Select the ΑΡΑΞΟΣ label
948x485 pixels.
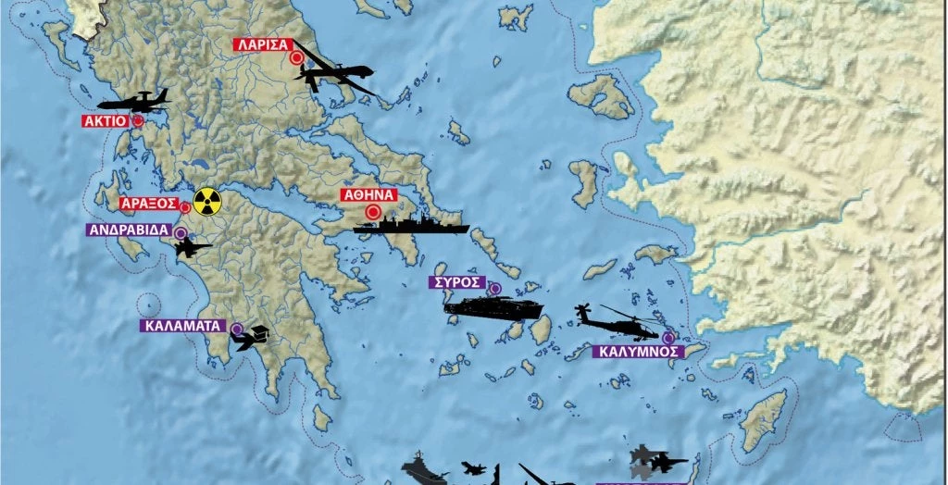[148, 203]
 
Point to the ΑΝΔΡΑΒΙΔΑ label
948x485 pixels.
[128, 230]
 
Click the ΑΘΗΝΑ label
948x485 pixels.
[369, 195]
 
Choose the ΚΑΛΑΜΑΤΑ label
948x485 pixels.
[184, 326]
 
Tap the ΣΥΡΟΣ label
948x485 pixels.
[458, 281]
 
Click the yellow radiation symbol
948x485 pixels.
[207, 199]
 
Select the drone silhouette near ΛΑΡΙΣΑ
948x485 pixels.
[333, 73]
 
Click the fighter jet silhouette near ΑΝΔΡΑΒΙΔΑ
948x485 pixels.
[193, 247]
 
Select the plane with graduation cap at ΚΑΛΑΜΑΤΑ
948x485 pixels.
[252, 339]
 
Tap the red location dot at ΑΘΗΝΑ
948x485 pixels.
[373, 213]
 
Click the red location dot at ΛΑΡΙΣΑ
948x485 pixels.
[296, 57]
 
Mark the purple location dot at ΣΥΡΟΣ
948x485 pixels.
[494, 288]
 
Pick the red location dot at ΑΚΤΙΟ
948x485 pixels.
[138, 120]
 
